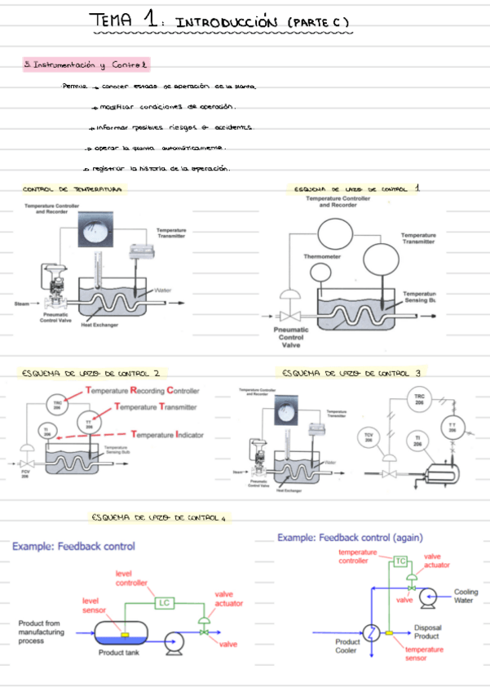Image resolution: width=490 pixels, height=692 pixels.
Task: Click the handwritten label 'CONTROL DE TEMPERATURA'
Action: pyautogui.click(x=73, y=189)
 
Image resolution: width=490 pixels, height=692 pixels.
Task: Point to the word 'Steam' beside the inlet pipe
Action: pyautogui.click(x=22, y=304)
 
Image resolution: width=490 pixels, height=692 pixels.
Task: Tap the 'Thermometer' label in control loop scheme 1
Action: pyautogui.click(x=322, y=256)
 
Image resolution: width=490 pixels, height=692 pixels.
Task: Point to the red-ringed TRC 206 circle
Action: pyautogui.click(x=56, y=404)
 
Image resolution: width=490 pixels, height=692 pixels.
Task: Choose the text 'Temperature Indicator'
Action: pyautogui.click(x=167, y=435)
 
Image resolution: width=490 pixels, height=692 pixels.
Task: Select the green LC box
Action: pyautogui.click(x=164, y=603)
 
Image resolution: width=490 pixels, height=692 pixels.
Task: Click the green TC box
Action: pyautogui.click(x=400, y=561)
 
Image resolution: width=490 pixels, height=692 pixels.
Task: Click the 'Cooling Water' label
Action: pyautogui.click(x=465, y=597)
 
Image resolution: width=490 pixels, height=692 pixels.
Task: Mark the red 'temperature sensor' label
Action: pyautogui.click(x=423, y=654)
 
